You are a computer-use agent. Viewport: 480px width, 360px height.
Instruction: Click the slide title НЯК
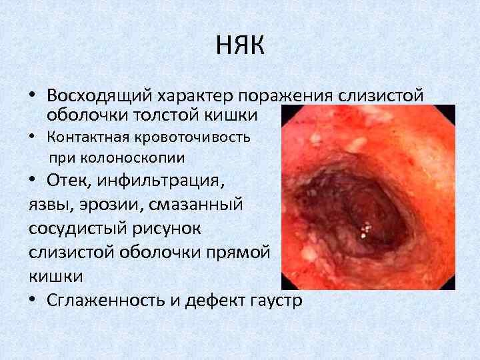point(240,46)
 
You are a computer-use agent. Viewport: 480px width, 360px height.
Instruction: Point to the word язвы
point(51,205)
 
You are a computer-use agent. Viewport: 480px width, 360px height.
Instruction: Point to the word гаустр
point(275,300)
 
